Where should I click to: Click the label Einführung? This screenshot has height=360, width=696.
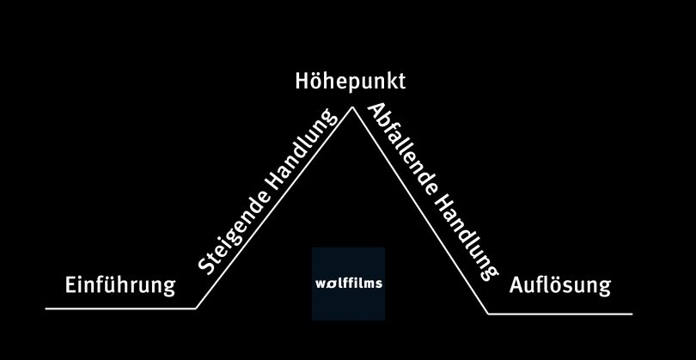point(120,284)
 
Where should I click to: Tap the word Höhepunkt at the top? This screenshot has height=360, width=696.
point(349,82)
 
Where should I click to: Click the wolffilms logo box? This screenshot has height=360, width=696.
point(348,284)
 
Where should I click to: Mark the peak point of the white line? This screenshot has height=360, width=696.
point(351,107)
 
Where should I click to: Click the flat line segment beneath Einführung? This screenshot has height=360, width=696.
point(120,307)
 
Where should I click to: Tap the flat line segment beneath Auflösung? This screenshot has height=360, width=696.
point(559,314)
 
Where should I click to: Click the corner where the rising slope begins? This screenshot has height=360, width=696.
point(196,307)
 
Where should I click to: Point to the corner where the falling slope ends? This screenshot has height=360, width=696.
point(488,314)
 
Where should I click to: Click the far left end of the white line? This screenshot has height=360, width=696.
point(46,307)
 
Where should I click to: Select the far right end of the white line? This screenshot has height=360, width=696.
point(632,314)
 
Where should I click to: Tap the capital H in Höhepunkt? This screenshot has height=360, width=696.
point(302,82)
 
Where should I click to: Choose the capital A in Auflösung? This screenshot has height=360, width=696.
point(516,284)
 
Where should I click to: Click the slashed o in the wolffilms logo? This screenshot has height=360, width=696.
point(330,284)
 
